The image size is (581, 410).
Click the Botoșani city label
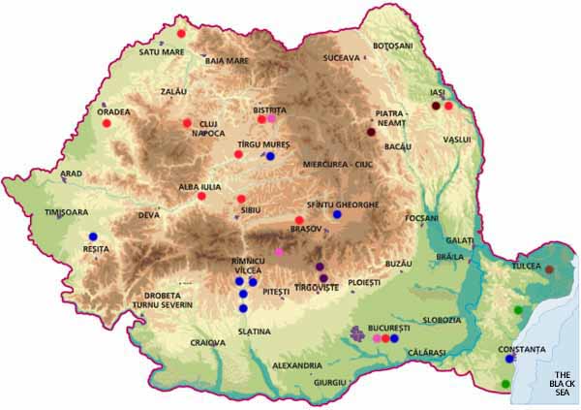[392, 46]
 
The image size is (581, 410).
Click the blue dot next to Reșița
[93, 237]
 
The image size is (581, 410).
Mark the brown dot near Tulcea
[550, 268]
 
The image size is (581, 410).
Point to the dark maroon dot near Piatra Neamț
[371, 132]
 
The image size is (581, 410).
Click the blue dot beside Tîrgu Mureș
[271, 156]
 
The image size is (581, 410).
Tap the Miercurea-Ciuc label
[338, 164]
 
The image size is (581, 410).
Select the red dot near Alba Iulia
[201, 197]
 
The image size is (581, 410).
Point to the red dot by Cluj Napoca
[187, 123]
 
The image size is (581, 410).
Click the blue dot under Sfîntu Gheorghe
[337, 214]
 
